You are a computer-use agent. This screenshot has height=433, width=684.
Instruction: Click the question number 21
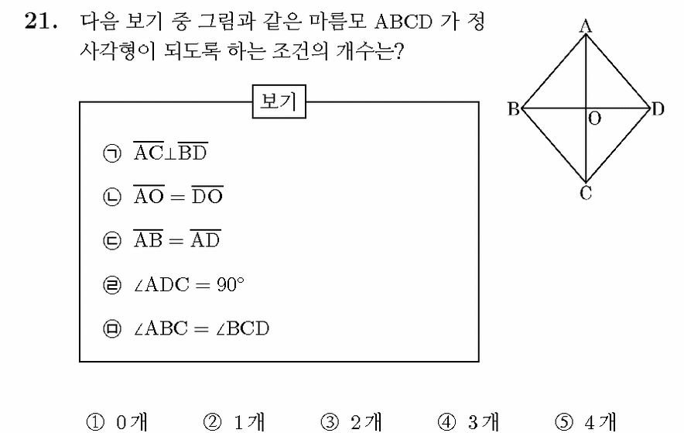coord(41,21)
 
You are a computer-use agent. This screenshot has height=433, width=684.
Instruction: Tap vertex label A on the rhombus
coord(586,26)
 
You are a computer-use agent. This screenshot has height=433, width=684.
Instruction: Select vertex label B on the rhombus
coord(514,108)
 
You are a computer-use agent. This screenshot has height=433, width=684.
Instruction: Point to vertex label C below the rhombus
coord(586,193)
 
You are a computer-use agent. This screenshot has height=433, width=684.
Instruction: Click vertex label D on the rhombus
coord(658,108)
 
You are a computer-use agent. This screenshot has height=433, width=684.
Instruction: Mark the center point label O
coord(594,119)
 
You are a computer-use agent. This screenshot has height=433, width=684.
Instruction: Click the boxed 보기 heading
coord(279,101)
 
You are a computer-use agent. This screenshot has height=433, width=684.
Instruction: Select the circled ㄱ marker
coord(112,153)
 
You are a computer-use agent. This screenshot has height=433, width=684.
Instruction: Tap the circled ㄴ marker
coord(112,197)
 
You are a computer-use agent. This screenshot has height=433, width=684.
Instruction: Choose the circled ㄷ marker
coord(112,240)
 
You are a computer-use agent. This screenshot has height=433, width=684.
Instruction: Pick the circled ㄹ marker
coord(112,285)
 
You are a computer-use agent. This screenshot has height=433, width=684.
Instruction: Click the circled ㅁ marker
coord(112,328)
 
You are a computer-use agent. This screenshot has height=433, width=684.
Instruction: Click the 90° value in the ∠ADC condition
coord(231,284)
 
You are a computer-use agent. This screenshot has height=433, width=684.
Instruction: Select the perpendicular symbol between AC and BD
coord(170,153)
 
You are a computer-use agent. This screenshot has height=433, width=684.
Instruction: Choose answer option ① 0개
coord(117,422)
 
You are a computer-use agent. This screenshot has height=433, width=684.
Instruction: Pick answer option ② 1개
coord(234,422)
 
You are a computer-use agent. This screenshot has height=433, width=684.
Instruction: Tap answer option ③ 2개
coord(351,422)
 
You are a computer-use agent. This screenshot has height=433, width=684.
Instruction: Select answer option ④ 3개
coord(468,422)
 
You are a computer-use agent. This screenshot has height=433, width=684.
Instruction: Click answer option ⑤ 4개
coord(586,422)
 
